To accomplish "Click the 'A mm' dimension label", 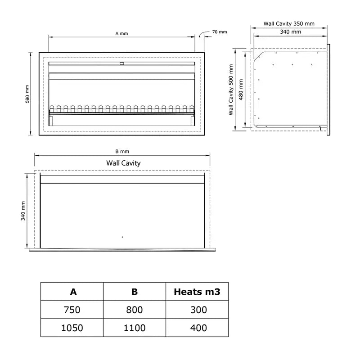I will tap(122, 33).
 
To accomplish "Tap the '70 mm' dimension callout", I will tap(220, 31).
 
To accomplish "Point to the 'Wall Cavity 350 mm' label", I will tap(288, 24).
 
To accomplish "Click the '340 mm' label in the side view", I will tap(290, 32).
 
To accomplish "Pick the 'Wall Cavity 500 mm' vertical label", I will tap(231, 90).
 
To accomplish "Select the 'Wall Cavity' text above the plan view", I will tap(123, 163).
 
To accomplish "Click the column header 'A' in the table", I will tap(73, 292).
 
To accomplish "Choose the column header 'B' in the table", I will tap(135, 292).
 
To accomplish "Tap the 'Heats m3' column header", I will tap(197, 292).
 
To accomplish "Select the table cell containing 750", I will tap(73, 310).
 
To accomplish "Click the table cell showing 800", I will tap(135, 310).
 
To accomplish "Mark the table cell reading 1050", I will tap(72, 328).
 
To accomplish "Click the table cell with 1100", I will tap(135, 328).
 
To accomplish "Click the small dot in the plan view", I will tap(122, 237).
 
